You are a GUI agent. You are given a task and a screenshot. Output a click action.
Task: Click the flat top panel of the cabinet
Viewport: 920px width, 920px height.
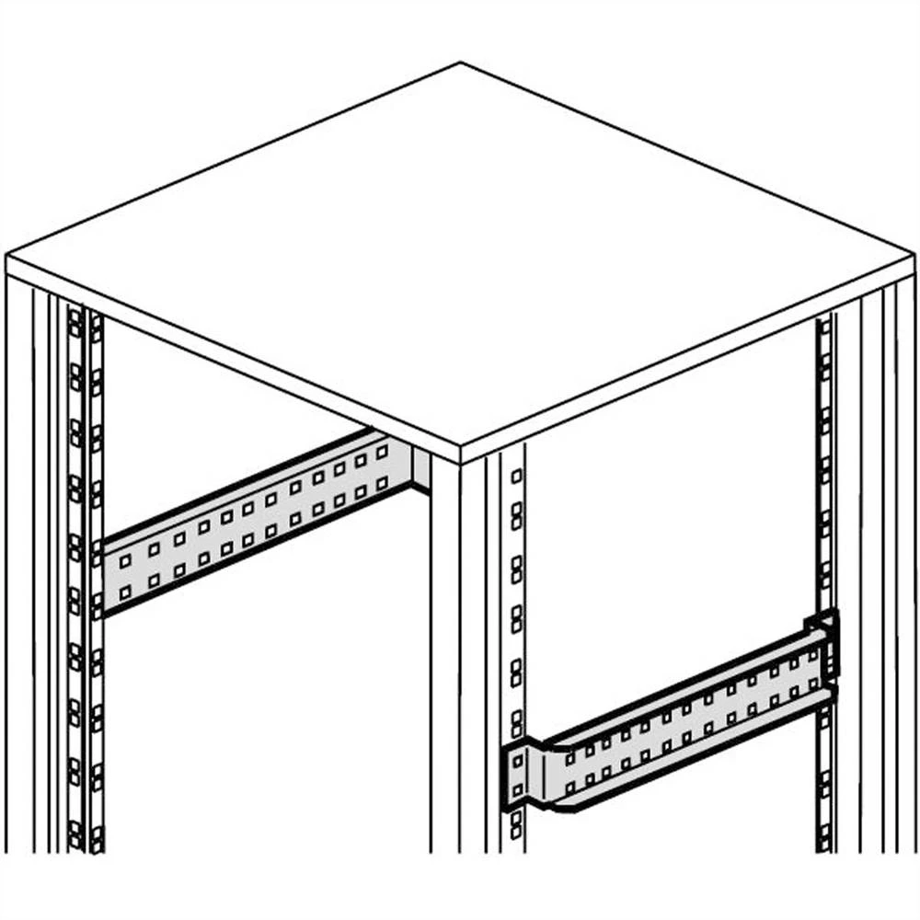tap(460, 258)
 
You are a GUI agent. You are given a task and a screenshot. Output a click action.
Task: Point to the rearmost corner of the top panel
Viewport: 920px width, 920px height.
tap(460, 64)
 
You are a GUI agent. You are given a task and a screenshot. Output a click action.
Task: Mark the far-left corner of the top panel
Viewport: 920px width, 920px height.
tap(7, 258)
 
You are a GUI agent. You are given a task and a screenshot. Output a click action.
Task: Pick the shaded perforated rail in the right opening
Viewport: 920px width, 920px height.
tap(681, 727)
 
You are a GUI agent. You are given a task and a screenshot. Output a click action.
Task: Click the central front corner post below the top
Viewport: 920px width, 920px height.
tap(446, 662)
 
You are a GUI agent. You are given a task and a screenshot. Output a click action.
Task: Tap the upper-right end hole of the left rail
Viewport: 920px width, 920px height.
tap(383, 454)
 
